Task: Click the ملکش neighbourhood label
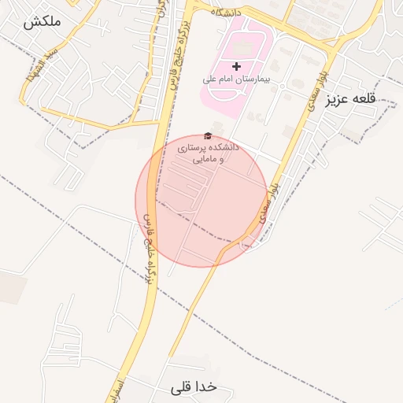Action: pos(43,22)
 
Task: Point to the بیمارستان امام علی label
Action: pos(235,79)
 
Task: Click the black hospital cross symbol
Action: pos(236,66)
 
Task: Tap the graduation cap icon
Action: pos(208,136)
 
